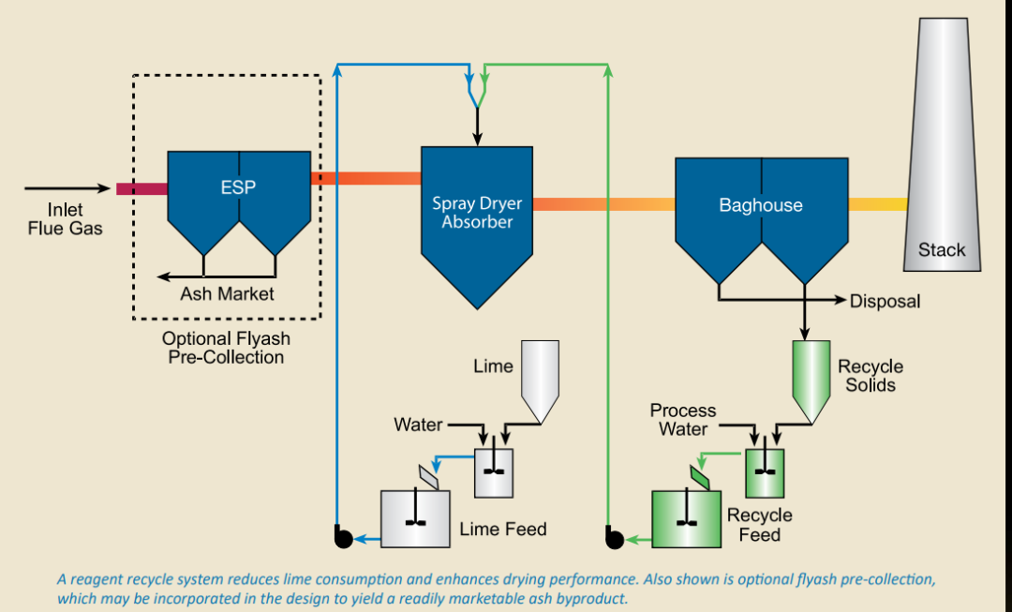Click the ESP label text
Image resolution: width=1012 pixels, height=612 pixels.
point(237,187)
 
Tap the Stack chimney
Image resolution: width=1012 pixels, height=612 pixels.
point(943,144)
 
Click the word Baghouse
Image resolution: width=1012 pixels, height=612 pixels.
point(761,205)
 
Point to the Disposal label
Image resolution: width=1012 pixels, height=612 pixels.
point(885,301)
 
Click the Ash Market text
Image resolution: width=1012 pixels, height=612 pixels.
point(227,293)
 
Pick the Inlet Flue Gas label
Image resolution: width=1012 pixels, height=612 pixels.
point(66,219)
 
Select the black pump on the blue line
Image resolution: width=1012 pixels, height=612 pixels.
point(343,537)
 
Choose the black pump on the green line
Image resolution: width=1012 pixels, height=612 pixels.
point(615,537)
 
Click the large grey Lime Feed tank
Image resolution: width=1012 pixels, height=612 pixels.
point(415,519)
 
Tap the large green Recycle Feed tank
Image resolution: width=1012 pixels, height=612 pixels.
point(686,519)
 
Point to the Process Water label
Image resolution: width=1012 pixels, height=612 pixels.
point(683,420)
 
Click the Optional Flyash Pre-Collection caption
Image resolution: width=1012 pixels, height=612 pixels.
point(226,348)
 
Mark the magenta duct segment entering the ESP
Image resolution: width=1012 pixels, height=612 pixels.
point(142,188)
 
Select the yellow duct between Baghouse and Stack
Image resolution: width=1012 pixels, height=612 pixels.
point(878,204)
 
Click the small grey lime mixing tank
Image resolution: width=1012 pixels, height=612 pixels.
point(494,473)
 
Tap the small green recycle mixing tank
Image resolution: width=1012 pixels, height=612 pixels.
point(765,473)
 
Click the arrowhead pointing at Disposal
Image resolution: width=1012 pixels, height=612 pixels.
point(841,300)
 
